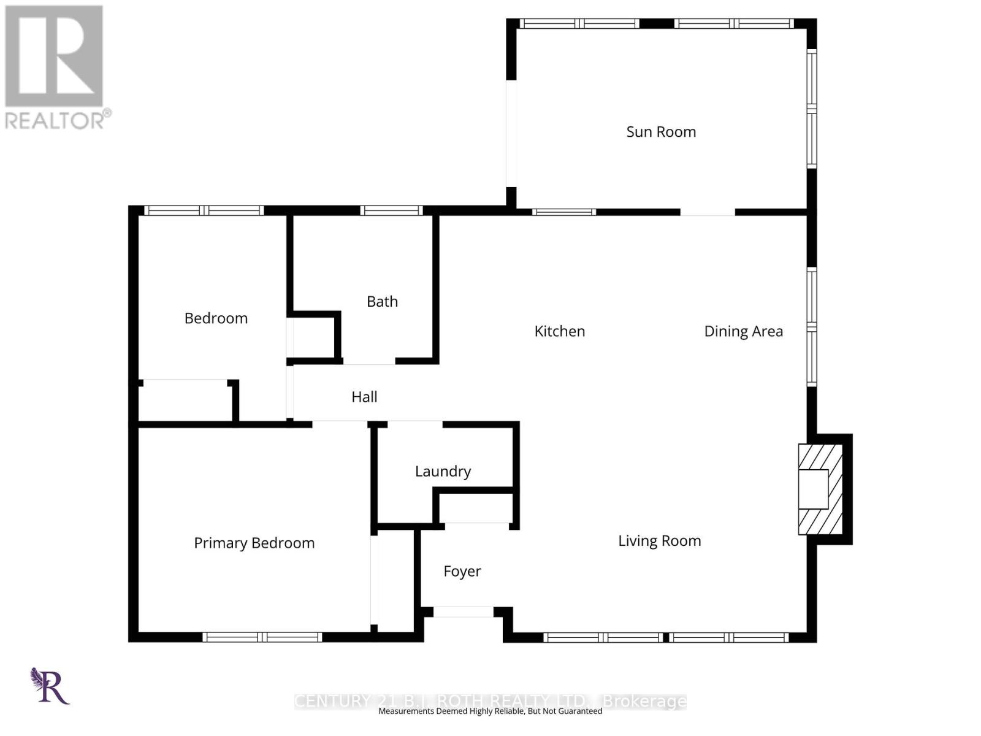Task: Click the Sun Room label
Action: [661, 132]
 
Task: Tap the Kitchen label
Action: [559, 331]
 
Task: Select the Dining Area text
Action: [743, 331]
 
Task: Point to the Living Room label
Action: [659, 541]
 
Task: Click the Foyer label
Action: [462, 571]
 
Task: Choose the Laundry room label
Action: [443, 471]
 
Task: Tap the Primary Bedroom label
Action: [254, 543]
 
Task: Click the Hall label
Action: [364, 397]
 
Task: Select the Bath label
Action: [382, 302]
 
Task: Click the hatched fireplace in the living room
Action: [819, 489]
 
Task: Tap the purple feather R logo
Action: [50, 686]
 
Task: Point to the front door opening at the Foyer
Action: [463, 611]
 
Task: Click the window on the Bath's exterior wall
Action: [391, 210]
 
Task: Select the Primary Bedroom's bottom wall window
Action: [262, 637]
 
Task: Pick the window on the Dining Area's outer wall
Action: [811, 327]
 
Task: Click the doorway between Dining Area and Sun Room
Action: [708, 212]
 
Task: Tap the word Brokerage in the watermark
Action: [644, 700]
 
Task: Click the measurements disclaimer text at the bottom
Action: [490, 711]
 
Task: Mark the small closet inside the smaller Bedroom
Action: [185, 401]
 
